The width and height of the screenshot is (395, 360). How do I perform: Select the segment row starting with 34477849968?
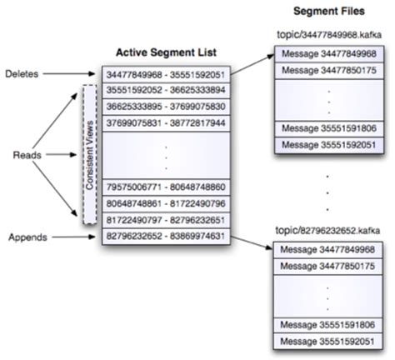(x=164, y=75)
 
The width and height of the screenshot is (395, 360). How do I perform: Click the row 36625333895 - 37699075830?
(x=164, y=107)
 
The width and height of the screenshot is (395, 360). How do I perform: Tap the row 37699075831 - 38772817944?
(x=164, y=122)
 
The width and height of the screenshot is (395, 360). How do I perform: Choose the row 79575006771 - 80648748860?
(x=164, y=187)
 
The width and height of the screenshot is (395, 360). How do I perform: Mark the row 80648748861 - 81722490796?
(x=164, y=203)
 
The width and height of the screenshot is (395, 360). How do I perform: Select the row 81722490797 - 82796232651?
(x=164, y=220)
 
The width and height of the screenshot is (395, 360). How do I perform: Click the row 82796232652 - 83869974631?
(x=164, y=236)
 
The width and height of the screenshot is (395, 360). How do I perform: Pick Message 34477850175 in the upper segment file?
(x=326, y=71)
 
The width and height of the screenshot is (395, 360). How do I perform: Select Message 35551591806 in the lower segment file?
(x=326, y=324)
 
